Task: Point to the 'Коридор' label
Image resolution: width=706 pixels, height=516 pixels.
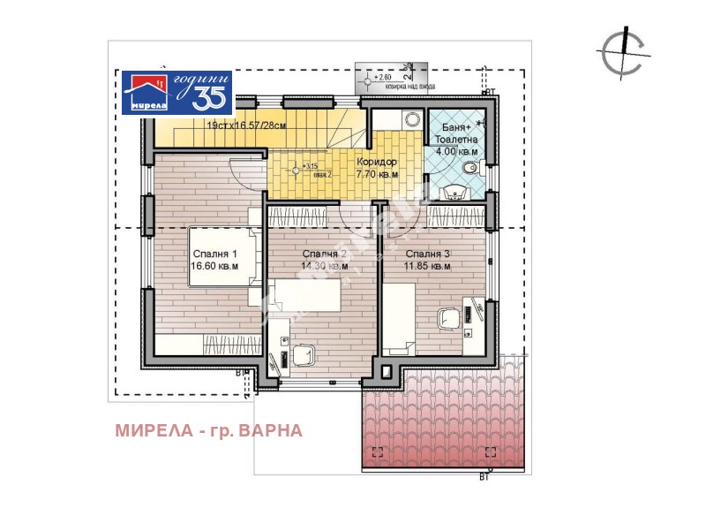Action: (x=377, y=163)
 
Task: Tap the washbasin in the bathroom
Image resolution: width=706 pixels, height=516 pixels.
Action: (x=454, y=190)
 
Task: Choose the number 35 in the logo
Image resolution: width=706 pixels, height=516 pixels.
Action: (x=209, y=98)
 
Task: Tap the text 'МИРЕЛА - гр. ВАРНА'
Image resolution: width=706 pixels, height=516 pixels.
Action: (x=208, y=430)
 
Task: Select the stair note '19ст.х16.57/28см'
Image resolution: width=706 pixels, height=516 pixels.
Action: (x=246, y=126)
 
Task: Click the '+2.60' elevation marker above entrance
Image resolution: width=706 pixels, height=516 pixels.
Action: (x=381, y=78)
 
